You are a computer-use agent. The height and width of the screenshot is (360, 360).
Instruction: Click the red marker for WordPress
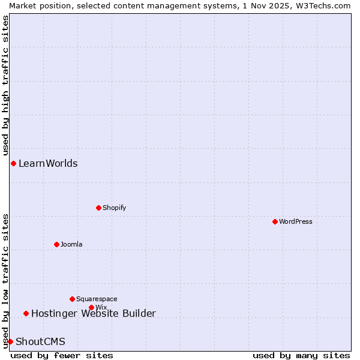(275, 221)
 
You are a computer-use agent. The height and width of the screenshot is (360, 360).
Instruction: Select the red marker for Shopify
(98, 208)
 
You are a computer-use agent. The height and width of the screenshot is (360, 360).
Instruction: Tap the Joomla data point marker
(56, 244)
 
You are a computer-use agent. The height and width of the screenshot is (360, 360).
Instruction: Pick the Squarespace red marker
(72, 299)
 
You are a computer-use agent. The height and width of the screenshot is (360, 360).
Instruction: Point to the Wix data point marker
(91, 307)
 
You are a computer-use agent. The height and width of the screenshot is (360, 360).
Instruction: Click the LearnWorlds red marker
(13, 163)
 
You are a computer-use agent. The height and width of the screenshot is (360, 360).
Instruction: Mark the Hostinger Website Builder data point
(26, 313)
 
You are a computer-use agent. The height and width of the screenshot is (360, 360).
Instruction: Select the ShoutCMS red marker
(10, 341)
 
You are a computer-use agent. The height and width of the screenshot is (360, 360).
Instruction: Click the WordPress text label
(296, 221)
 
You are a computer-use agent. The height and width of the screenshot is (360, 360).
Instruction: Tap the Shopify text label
(114, 208)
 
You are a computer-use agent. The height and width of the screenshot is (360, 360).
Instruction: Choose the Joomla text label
(71, 244)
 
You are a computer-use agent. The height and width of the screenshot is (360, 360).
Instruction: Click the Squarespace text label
(97, 299)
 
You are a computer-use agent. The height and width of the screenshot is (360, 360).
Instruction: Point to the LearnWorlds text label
(48, 163)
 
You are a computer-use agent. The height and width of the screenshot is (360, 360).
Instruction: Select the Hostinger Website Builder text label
(93, 313)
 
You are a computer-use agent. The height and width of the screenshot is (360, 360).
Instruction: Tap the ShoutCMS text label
(40, 341)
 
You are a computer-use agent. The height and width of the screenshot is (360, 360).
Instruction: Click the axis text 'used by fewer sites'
(62, 355)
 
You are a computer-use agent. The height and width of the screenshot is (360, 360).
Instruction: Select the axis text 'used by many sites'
(301, 355)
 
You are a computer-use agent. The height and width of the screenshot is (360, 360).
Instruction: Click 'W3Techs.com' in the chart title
(322, 5)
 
